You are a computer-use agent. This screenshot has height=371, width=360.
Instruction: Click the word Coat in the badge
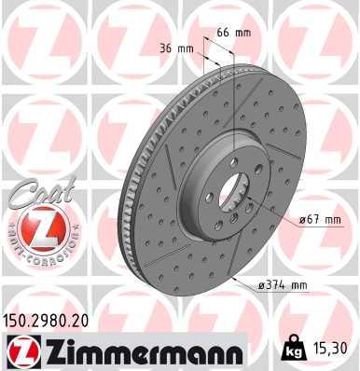[x=29, y=192]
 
